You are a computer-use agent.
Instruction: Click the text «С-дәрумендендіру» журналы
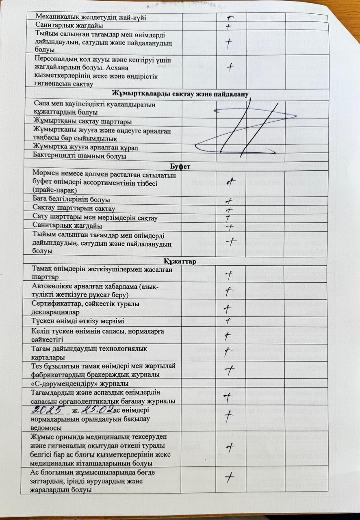click(x=80, y=383)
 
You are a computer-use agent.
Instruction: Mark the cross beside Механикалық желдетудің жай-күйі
click(x=231, y=17)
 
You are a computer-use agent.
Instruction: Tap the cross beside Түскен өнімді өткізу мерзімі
click(x=228, y=320)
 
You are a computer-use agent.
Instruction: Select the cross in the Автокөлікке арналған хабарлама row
click(x=229, y=290)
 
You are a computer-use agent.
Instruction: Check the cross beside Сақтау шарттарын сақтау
click(x=229, y=210)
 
